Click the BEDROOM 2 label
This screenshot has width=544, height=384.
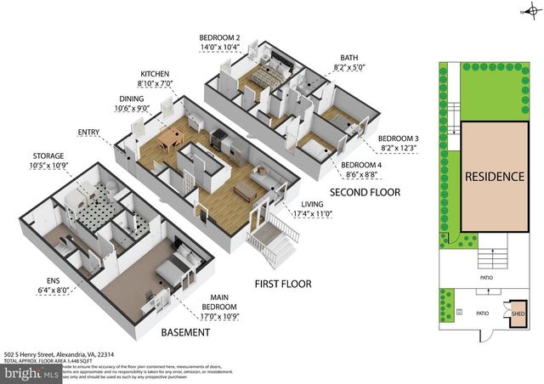point(220,38)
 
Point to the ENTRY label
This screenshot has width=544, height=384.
point(88,133)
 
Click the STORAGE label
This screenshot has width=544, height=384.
point(48,155)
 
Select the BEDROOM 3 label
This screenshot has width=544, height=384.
point(399,138)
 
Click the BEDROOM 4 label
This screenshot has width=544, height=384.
point(364,166)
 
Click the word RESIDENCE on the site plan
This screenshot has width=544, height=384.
point(494,178)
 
